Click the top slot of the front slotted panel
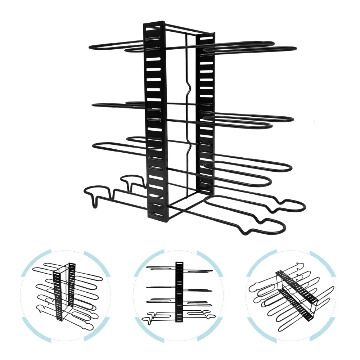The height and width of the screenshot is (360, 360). click(x=154, y=28)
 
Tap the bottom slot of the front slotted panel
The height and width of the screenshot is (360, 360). click(x=157, y=214)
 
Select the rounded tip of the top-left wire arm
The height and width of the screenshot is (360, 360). click(x=90, y=47)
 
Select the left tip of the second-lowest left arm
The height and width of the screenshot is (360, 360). click(x=94, y=145)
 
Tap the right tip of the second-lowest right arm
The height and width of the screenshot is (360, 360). click(x=290, y=167)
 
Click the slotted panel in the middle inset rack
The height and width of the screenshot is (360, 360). click(x=179, y=292)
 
